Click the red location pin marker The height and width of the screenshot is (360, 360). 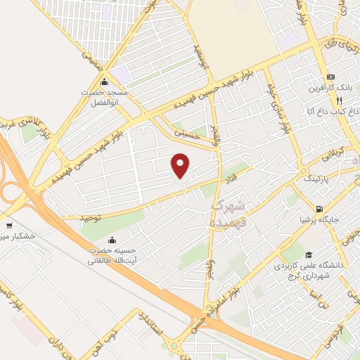pos(181,165)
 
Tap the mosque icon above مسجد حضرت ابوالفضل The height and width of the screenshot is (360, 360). pos(105,81)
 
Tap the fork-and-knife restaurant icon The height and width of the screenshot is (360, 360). pos(340,101)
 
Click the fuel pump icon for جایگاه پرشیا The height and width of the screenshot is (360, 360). pos(320,209)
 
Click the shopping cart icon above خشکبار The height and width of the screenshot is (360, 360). pos(9,226)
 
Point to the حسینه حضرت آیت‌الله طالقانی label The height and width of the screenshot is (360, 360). pos(105,255)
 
